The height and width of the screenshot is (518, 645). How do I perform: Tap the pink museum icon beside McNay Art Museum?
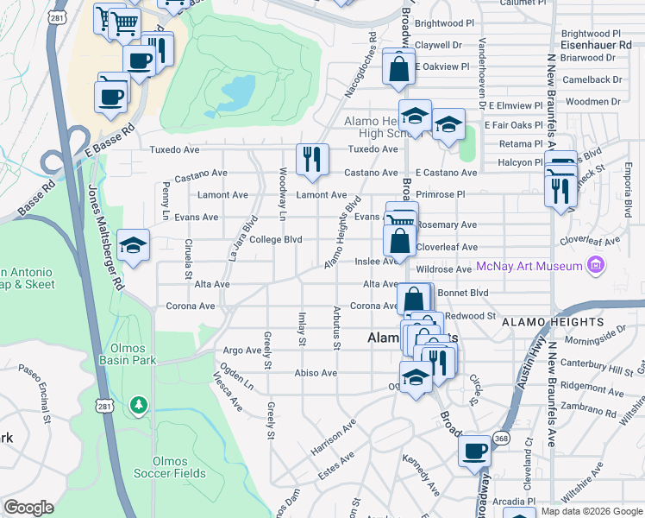click(x=593, y=266)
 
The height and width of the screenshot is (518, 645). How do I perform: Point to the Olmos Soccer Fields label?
click(x=169, y=467)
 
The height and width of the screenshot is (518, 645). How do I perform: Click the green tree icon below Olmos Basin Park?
click(x=137, y=404)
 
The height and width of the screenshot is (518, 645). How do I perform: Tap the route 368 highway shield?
click(x=501, y=439)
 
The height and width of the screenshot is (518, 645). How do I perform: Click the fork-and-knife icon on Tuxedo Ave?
click(x=310, y=159)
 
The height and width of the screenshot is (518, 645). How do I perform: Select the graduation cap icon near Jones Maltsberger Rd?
click(x=133, y=246)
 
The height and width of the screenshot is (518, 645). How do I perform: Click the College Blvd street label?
click(x=275, y=239)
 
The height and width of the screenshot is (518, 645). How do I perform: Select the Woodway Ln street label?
click(x=282, y=193)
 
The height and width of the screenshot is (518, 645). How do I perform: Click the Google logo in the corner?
click(x=29, y=508)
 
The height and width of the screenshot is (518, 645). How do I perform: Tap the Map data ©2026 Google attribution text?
click(x=592, y=511)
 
